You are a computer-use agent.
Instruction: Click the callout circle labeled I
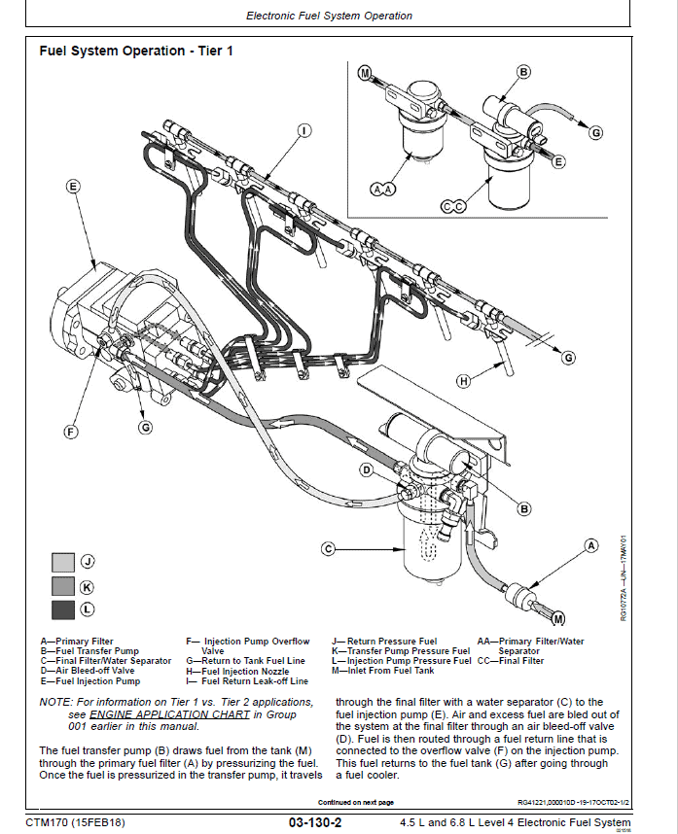click(x=303, y=130)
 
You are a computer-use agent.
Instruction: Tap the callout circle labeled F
click(x=71, y=431)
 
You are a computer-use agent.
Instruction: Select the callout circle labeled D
click(x=367, y=470)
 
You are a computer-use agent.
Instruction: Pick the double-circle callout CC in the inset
click(x=452, y=206)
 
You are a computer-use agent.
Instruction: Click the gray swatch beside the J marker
click(x=62, y=562)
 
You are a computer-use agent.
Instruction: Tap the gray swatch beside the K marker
click(x=62, y=586)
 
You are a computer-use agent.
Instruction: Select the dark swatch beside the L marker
click(x=62, y=609)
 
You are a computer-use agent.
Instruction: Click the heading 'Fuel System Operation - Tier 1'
click(x=136, y=51)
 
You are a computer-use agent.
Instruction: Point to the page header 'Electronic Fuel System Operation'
click(x=329, y=16)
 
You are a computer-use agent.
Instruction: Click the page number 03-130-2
click(x=314, y=823)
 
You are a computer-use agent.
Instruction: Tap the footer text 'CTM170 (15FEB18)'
click(x=75, y=823)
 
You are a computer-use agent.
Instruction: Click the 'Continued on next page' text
click(x=355, y=802)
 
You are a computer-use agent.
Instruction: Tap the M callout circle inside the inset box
click(x=365, y=73)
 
